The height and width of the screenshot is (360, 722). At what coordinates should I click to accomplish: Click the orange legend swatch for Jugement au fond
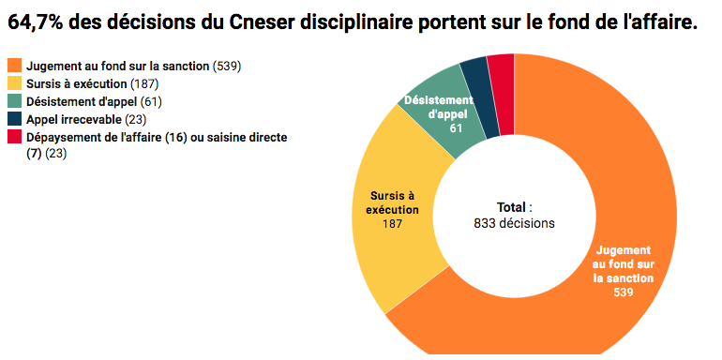tap(14, 67)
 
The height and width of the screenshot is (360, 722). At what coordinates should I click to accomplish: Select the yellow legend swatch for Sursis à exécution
tap(14, 84)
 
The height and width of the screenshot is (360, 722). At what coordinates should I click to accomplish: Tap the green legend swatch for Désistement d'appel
tap(14, 101)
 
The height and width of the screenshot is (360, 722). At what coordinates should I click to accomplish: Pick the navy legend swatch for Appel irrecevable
tap(14, 119)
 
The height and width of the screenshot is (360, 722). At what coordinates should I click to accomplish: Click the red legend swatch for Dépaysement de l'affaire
tap(14, 137)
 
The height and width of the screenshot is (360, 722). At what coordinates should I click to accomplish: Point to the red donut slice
tap(502, 68)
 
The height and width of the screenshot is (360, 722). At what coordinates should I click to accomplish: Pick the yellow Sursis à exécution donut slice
tap(394, 225)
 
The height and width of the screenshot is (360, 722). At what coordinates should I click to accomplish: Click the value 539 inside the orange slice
tap(624, 292)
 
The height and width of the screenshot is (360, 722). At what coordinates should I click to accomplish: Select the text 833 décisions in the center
tap(514, 223)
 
